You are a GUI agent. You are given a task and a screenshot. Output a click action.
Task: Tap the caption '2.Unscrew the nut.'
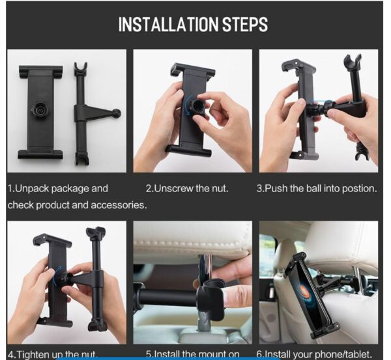pos(187,189)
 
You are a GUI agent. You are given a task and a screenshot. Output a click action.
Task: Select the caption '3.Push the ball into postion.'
pos(317,189)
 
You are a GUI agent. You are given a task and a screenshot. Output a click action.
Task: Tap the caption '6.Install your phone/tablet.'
pos(315,354)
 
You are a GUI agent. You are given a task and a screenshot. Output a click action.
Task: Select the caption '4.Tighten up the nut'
pos(52,354)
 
